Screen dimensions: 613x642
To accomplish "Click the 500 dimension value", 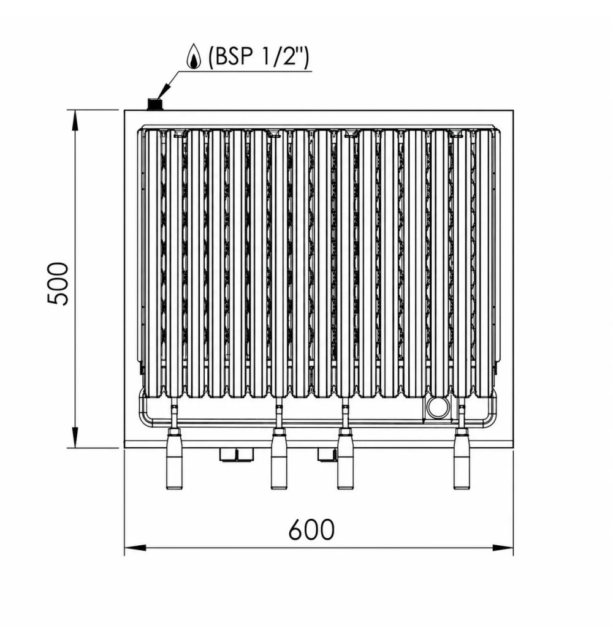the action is [x=57, y=284].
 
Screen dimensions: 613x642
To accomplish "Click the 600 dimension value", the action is [x=311, y=530].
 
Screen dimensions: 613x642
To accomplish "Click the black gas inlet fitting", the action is [x=155, y=104].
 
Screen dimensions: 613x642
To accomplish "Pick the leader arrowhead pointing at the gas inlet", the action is [x=164, y=91].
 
